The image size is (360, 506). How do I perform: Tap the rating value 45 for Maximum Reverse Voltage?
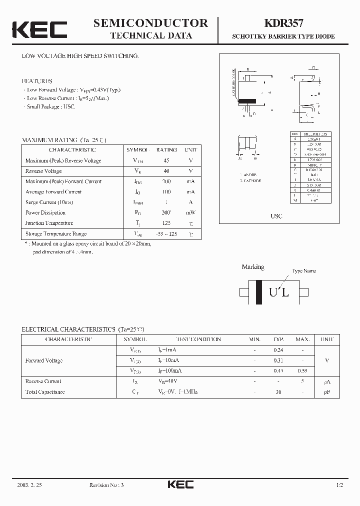(x=166, y=160)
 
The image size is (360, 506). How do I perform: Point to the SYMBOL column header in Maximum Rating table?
(x=137, y=149)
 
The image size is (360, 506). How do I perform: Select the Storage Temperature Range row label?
(x=56, y=233)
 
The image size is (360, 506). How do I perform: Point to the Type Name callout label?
(x=303, y=270)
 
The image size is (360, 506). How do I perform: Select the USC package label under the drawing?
(x=276, y=216)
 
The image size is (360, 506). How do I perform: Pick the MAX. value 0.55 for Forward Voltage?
(x=302, y=370)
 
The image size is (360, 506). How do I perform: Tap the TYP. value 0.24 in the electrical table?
(x=278, y=350)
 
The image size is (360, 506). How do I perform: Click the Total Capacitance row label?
(x=45, y=392)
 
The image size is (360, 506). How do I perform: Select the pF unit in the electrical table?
(x=326, y=392)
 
